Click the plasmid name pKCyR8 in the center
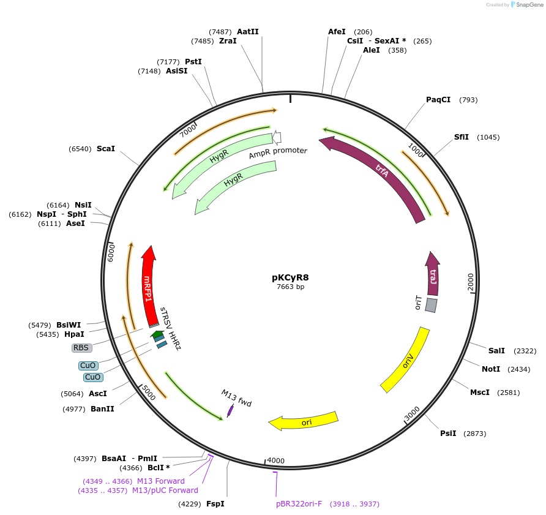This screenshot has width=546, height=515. (291, 277)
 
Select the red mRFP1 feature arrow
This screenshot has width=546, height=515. (148, 288)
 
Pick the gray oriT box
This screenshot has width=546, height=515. (431, 305)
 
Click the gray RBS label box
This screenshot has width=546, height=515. (81, 348)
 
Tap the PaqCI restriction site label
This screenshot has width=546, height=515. (438, 100)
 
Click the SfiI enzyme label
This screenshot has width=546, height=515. (461, 137)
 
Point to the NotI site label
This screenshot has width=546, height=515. (490, 369)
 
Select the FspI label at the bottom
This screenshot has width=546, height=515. (215, 504)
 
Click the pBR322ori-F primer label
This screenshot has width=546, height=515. (299, 504)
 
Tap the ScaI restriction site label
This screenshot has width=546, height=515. (105, 149)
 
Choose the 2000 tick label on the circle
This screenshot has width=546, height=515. (470, 283)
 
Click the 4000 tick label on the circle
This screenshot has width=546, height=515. (276, 460)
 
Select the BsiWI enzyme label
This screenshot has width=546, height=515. (69, 325)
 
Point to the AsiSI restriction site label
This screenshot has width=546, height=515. (176, 71)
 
